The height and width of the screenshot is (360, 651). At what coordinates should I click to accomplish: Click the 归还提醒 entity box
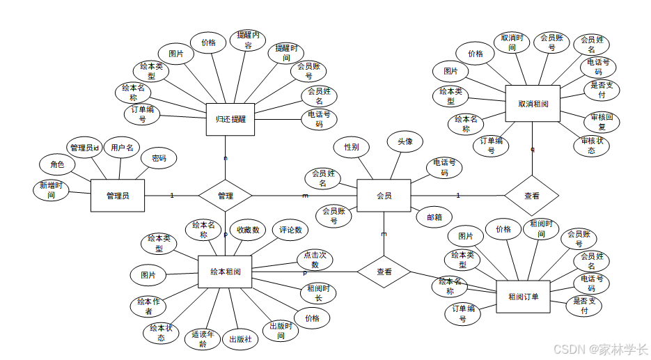[x=230, y=119]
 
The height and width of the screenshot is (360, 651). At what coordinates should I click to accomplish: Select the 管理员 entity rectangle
[x=118, y=196]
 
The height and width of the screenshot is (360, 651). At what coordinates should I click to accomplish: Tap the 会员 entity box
[x=384, y=196]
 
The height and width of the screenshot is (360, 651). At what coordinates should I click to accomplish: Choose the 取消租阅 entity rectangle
[x=533, y=104]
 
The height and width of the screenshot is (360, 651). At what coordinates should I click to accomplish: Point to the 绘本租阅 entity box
[x=225, y=272]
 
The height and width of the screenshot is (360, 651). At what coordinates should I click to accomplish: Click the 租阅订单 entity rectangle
[x=524, y=297]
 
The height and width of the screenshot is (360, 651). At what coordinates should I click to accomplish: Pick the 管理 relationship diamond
[x=225, y=196]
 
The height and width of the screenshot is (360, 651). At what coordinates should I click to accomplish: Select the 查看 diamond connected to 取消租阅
[x=531, y=196]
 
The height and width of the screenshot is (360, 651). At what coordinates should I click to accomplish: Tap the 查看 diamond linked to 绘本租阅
[x=384, y=272]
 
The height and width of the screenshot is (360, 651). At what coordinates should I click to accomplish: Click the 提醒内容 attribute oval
[x=249, y=40]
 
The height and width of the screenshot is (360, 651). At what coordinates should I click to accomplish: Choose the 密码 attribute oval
[x=159, y=158]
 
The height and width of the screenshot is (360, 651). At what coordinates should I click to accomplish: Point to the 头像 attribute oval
[x=405, y=142]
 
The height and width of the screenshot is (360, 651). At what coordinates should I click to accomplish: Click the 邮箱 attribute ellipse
[x=434, y=217]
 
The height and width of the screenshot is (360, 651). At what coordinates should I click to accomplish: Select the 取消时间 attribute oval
[x=512, y=42]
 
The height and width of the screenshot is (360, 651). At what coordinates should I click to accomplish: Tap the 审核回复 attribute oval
[x=597, y=122]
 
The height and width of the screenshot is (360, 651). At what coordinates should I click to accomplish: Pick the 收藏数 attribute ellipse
[x=248, y=230]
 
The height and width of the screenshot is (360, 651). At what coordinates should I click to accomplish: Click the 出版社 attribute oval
[x=240, y=340]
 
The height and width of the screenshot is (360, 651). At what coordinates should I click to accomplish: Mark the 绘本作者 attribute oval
[x=149, y=306]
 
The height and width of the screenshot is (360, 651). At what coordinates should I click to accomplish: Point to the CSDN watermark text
[x=596, y=347]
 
